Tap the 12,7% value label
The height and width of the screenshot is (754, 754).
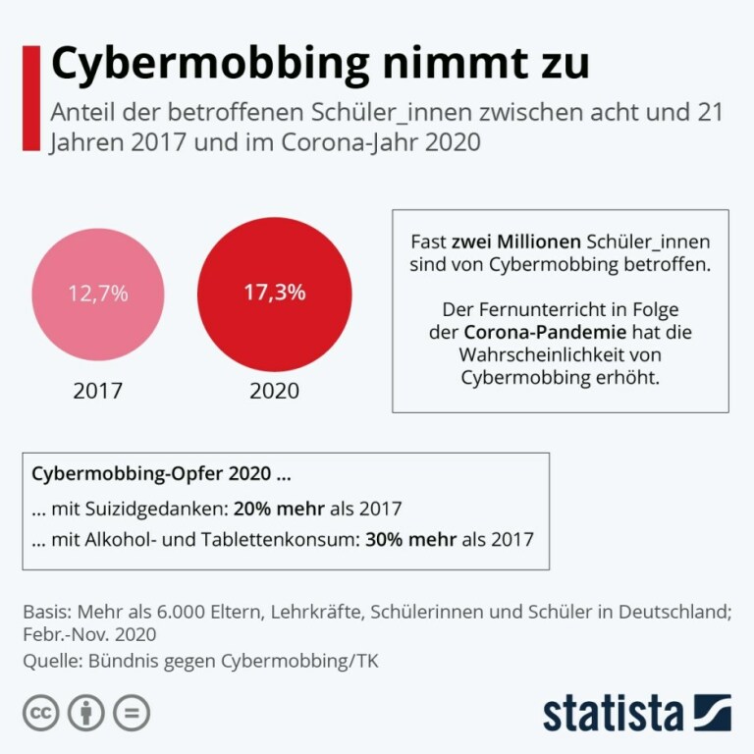[98, 294]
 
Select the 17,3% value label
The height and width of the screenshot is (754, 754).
[275, 292]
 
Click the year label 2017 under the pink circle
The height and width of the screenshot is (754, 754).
[98, 390]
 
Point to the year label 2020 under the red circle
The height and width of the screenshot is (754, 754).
[275, 390]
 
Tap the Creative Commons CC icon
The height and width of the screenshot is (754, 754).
[41, 712]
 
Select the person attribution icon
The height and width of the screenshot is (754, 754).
[86, 712]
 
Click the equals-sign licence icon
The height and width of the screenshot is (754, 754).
[132, 712]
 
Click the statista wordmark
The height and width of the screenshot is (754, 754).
[614, 713]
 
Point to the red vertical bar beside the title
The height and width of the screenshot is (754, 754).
[30, 97]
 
